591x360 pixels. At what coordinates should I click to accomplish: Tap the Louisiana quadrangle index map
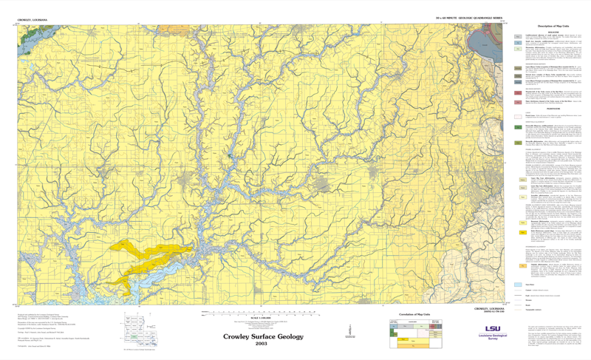point(139,330)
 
